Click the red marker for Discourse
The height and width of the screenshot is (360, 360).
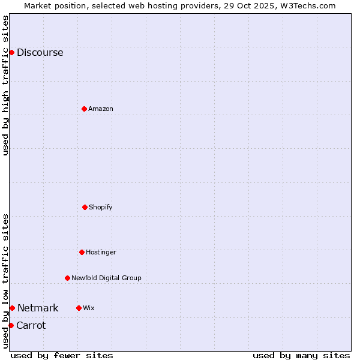point(11,52)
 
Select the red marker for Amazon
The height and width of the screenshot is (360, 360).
point(84,109)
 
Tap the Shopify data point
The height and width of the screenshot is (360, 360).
point(85,207)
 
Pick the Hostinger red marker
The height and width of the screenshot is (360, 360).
point(82,252)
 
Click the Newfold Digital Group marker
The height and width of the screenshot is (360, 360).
point(67,278)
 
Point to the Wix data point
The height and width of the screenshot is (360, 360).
point(79,308)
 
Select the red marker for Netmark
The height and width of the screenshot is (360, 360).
point(12,308)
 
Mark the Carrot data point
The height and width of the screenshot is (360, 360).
point(11,325)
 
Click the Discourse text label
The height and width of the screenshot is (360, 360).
point(40,52)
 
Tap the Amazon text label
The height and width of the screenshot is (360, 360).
point(101,109)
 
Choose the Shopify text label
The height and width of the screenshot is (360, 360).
point(101,207)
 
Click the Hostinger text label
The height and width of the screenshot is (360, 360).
point(101,252)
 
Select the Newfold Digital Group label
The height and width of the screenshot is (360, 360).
point(106,278)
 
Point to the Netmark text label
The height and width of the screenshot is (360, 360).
point(38,308)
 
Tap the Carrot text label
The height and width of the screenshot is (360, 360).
point(31,325)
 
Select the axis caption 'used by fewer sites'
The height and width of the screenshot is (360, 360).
point(62,355)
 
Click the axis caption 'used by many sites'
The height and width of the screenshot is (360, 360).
point(301,355)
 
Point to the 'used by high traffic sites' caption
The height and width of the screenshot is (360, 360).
point(5,85)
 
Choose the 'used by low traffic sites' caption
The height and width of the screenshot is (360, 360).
point(5,280)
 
